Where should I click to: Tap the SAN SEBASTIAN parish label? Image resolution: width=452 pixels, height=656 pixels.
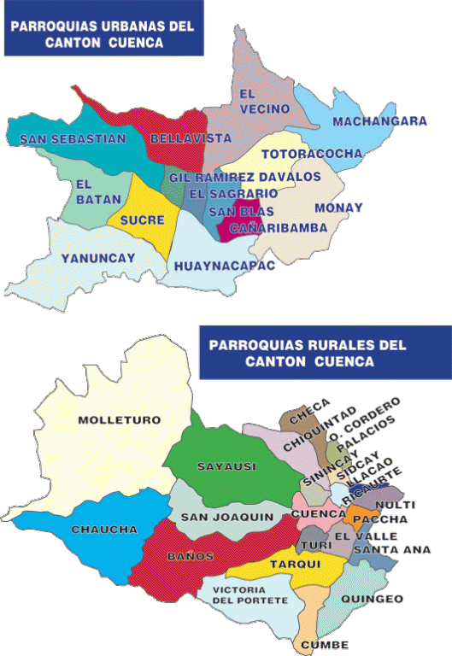(x=66, y=138)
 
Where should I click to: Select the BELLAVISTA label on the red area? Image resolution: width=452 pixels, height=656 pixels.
(x=179, y=138)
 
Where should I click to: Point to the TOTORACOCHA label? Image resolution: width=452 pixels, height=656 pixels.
(x=311, y=155)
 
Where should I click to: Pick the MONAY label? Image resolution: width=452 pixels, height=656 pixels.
(x=338, y=208)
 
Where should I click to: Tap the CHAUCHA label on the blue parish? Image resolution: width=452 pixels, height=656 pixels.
(x=104, y=530)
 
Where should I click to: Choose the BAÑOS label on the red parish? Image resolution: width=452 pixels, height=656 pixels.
(x=190, y=556)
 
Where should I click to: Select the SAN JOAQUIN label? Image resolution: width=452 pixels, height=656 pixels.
(x=226, y=517)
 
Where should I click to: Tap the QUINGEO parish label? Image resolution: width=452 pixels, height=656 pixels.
(x=371, y=600)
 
